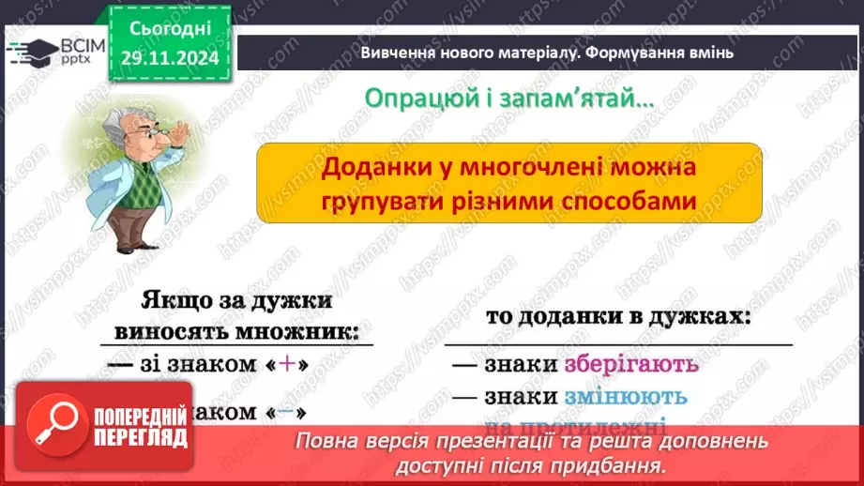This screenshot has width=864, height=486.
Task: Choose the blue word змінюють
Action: [625, 396]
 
